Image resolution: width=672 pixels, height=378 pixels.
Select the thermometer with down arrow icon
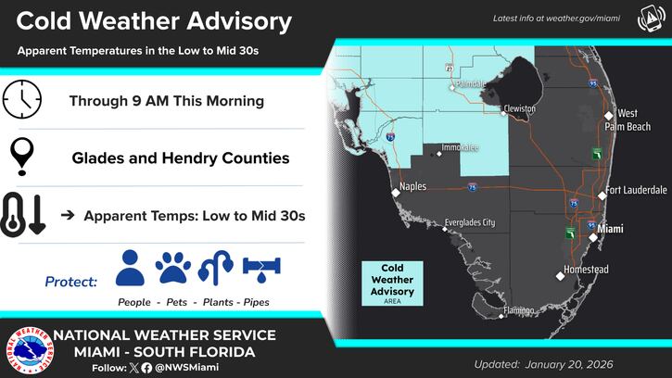[x=25, y=215]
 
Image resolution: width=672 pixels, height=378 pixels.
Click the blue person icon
[x=132, y=268]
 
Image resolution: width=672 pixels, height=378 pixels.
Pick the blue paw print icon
[x=173, y=268]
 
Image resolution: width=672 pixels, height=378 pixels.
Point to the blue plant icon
[x=214, y=268]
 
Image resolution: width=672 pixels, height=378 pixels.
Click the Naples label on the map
[x=412, y=186]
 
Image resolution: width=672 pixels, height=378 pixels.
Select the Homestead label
[x=588, y=270]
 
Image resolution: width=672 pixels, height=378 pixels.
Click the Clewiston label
[x=519, y=108]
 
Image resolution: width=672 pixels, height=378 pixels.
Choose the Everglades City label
[x=469, y=222]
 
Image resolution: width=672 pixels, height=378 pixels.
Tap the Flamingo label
[x=520, y=309]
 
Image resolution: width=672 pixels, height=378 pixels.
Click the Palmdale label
[x=474, y=82]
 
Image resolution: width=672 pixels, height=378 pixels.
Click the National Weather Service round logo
[x=26, y=350]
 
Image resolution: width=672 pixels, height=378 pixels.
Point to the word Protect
[x=70, y=280]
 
